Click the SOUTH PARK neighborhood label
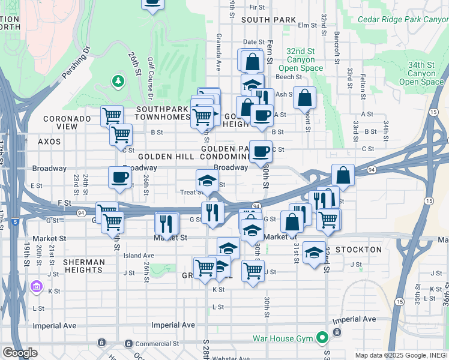[x=269, y=20]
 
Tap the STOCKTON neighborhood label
[x=359, y=250]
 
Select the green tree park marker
[x=118, y=80]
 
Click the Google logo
[x=20, y=353]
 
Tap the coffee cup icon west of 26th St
[x=119, y=176]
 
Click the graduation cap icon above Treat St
[x=206, y=179]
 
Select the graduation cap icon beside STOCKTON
[x=313, y=252]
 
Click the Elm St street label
[x=307, y=25]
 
